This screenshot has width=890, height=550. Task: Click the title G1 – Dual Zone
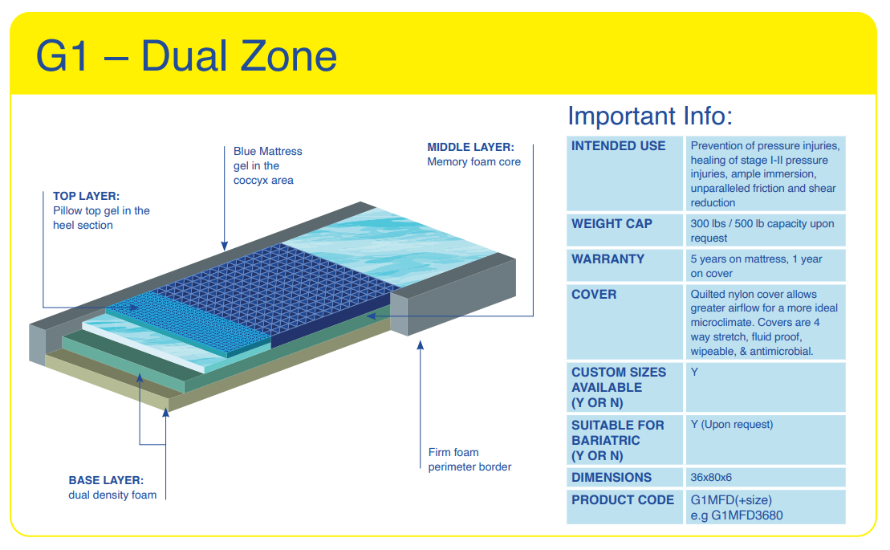pos(186,55)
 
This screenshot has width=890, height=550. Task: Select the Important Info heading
pos(650,116)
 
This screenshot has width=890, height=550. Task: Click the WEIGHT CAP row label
pos(612,223)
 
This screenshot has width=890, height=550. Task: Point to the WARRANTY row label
pos(608,259)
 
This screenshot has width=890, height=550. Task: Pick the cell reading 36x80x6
pos(712,478)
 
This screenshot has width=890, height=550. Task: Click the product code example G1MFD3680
pos(736,515)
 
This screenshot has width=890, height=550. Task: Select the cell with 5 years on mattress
pos(756,266)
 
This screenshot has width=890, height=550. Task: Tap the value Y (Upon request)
pos(731,425)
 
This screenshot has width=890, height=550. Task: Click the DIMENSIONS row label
pos(612,478)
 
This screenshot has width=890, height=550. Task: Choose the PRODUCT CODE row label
pos(623,499)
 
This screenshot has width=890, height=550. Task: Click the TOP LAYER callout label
pos(86,196)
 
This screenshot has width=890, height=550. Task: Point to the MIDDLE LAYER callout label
pos(470,147)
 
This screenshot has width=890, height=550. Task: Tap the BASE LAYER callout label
pos(106,480)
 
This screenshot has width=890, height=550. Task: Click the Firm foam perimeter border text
pos(469,459)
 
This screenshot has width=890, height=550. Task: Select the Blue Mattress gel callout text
pos(267,165)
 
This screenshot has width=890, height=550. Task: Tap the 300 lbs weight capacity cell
pos(762,230)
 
